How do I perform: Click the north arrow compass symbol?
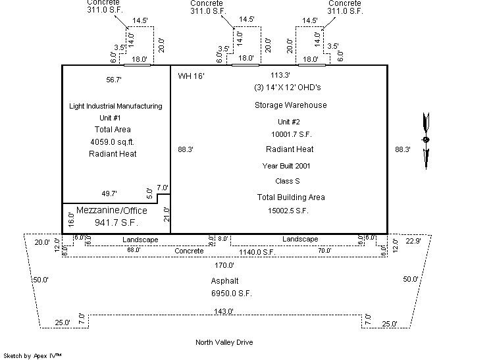point(426,140)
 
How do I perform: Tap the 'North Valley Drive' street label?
point(224,342)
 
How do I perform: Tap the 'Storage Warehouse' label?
point(290,105)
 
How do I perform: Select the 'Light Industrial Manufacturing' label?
point(115,106)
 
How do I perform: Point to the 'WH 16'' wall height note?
point(192,76)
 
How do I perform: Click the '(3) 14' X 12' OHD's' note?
point(290,88)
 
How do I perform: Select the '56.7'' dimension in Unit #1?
point(113,79)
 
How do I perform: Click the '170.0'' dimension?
point(224,265)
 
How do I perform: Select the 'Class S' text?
point(288,181)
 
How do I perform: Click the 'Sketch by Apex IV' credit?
point(32,355)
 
